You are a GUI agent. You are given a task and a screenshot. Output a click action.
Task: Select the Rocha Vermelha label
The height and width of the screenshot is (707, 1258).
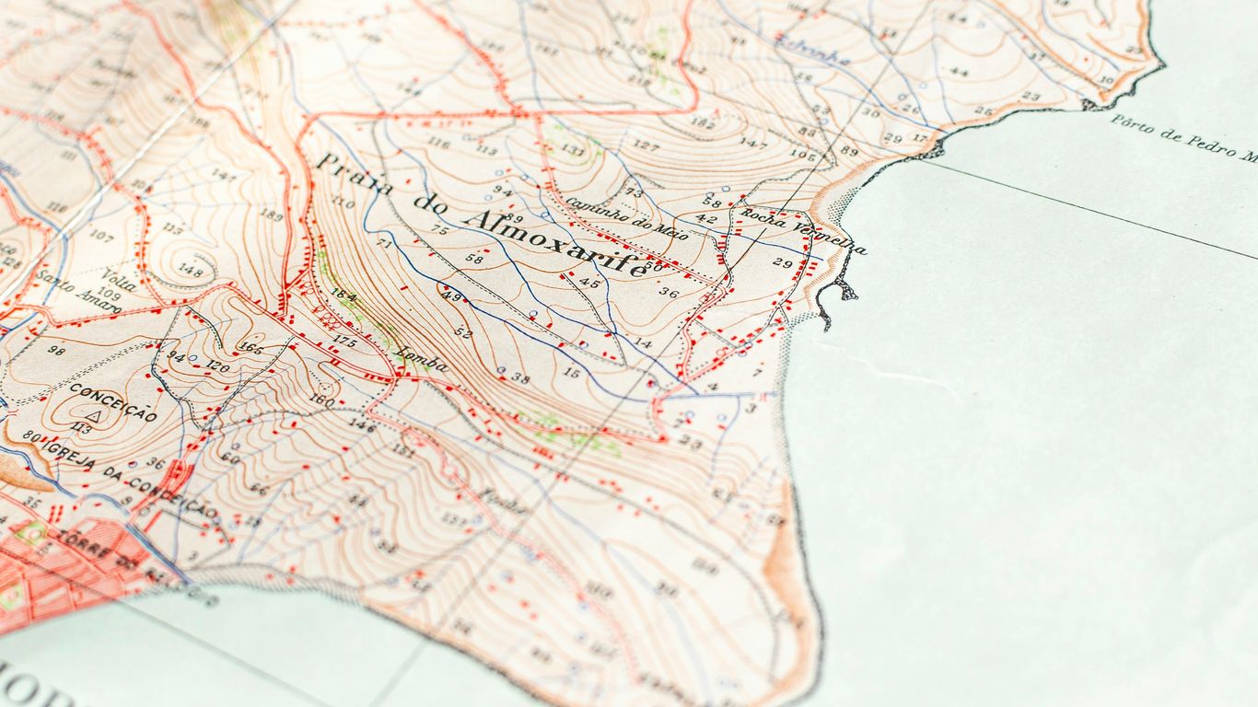pyautogui.click(x=803, y=232)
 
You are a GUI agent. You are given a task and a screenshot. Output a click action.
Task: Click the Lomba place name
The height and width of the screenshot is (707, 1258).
pyautogui.click(x=422, y=359)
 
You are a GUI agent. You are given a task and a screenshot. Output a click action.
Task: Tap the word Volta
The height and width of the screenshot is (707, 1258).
pyautogui.click(x=120, y=278)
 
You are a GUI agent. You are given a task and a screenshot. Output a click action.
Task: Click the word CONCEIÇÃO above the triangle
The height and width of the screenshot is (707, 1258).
pyautogui.click(x=112, y=401)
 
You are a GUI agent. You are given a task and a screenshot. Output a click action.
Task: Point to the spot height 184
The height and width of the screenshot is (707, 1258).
pyautogui.click(x=344, y=295)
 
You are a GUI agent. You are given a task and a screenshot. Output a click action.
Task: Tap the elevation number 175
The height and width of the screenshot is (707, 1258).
pyautogui.click(x=344, y=342)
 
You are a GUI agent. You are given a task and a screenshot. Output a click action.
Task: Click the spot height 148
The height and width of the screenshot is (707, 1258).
pyautogui.click(x=191, y=270)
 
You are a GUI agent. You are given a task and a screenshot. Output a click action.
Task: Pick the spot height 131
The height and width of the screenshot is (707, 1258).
pyautogui.click(x=573, y=149)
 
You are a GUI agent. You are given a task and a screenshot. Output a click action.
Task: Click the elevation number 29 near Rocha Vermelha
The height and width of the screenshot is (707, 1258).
pyautogui.click(x=782, y=263)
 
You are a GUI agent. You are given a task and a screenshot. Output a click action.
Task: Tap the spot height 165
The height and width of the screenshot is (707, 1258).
pyautogui.click(x=250, y=347)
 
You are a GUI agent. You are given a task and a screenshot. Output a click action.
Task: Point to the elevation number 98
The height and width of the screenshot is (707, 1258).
pyautogui.click(x=57, y=350)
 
